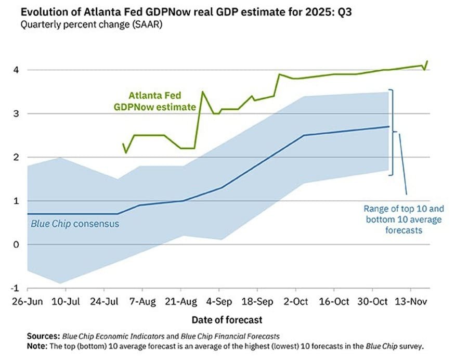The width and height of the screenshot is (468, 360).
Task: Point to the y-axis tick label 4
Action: [16, 70]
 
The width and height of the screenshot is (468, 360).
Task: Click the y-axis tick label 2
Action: [16, 157]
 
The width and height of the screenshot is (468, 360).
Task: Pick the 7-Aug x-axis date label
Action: [142, 301]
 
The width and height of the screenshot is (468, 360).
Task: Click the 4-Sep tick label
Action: [219, 301]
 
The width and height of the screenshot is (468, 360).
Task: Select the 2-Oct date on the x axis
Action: [296, 301]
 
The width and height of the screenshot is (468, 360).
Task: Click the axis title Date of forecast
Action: [227, 319]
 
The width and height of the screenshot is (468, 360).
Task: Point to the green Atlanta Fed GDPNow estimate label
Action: [155, 101]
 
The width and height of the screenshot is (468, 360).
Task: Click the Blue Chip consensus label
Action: [75, 224]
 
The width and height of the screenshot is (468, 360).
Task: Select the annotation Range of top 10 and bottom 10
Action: [404, 218]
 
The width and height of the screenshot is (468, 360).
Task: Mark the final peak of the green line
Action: [427, 61]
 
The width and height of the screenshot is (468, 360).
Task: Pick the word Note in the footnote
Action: [37, 345]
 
